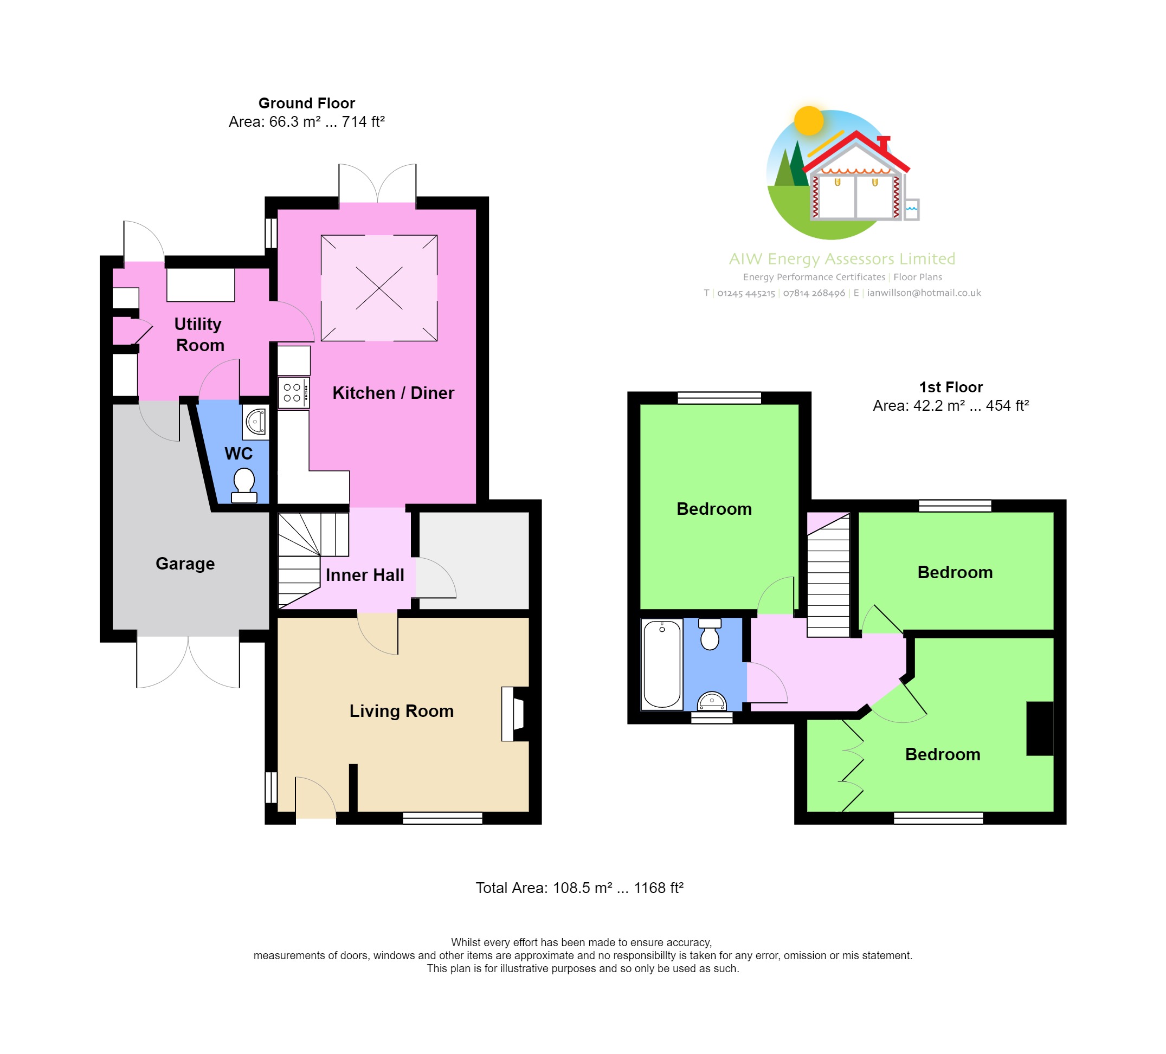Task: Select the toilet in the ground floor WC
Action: point(244,484)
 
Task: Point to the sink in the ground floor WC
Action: point(256,421)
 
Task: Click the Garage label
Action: point(185,563)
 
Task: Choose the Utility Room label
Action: point(198,334)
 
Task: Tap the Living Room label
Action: point(401,710)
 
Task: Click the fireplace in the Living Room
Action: point(514,714)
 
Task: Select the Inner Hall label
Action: point(364,575)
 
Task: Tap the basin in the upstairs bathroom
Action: point(711,701)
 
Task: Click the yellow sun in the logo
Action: point(809,120)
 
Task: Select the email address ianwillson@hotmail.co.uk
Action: point(924,293)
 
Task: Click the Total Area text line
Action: point(579,888)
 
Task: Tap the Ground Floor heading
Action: point(306,103)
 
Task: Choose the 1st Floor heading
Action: point(951,387)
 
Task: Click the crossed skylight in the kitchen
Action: point(379,288)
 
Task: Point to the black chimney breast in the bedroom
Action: point(1039,728)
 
